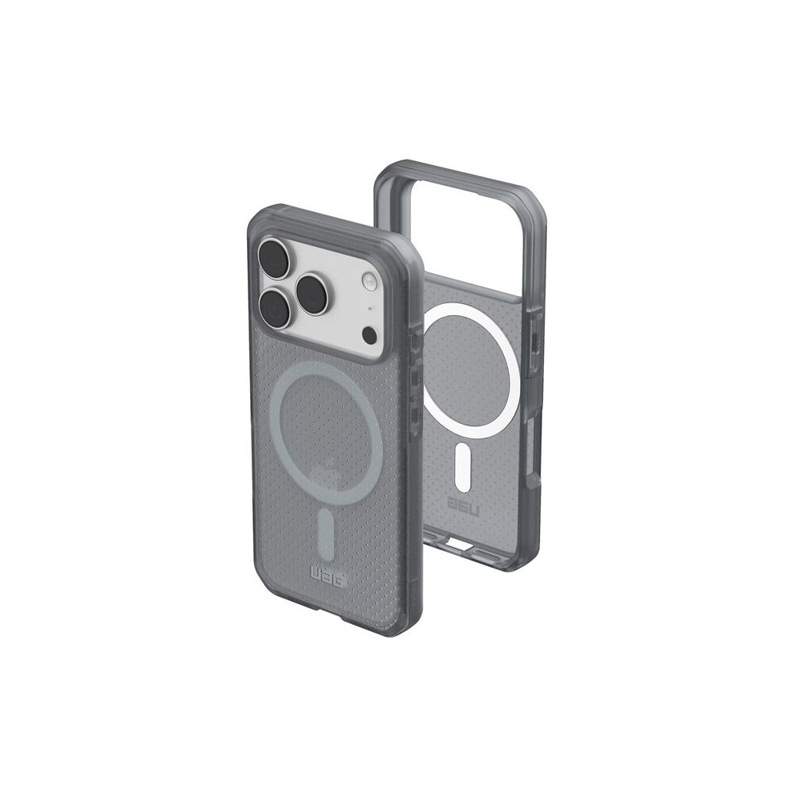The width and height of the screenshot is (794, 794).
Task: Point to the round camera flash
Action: (x=368, y=279)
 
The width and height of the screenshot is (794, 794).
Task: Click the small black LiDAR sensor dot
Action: (x=370, y=335)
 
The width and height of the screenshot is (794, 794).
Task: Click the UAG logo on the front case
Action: (x=326, y=576)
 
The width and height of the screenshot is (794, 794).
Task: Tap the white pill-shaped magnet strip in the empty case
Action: (x=463, y=467)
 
